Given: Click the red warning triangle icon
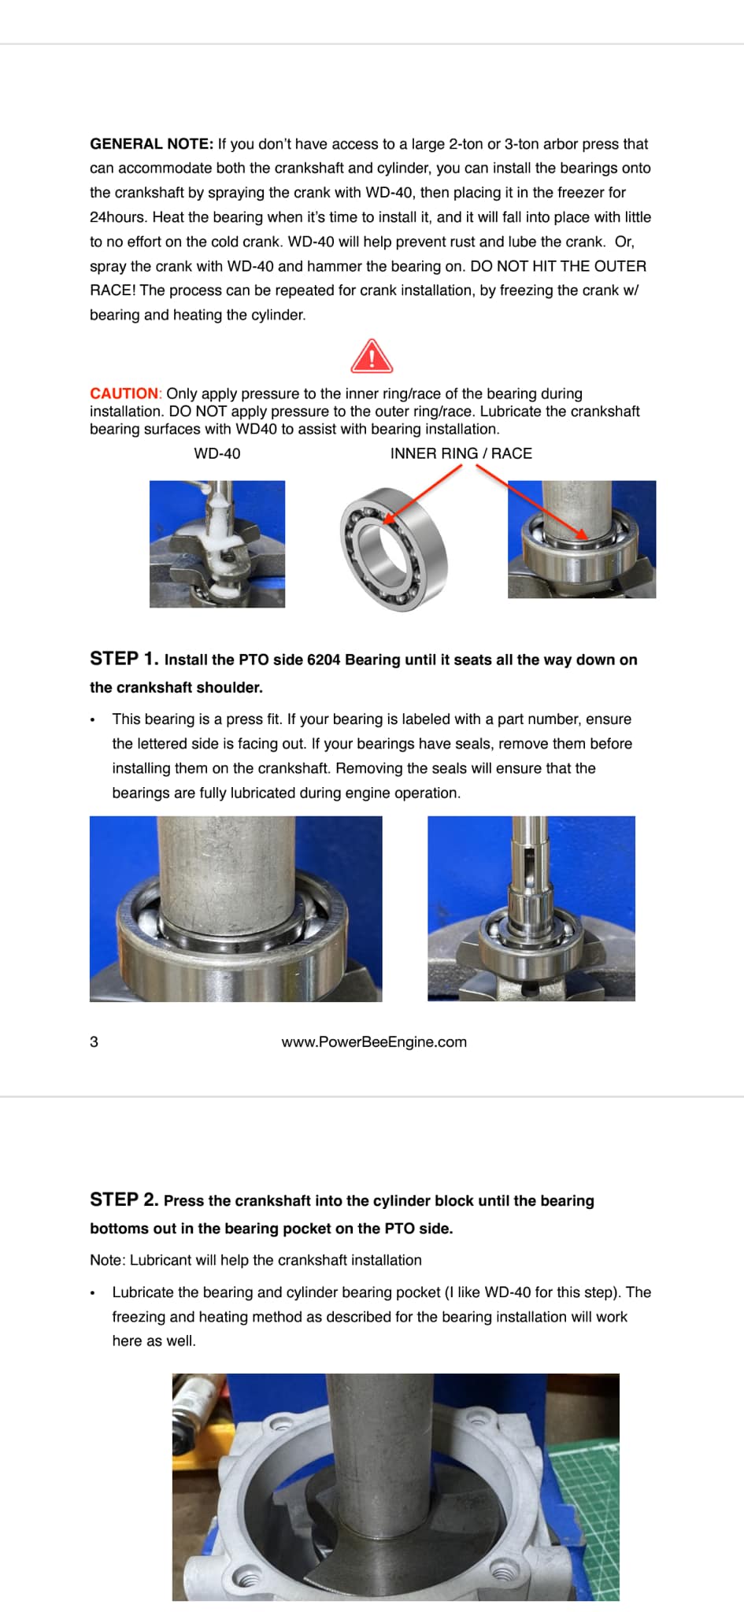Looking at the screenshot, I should click(x=372, y=357).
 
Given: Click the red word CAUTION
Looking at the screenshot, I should click(x=124, y=394).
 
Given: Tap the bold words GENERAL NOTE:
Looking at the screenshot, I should click(x=151, y=144).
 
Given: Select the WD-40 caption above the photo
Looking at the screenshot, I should click(x=217, y=453).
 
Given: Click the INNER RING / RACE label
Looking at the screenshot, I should click(x=461, y=453).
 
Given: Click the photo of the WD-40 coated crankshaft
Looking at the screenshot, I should click(x=217, y=544).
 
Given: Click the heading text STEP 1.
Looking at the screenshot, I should click(x=124, y=659).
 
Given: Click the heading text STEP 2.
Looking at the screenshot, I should click(x=124, y=1200).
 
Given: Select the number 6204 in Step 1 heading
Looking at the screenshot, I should click(x=324, y=660).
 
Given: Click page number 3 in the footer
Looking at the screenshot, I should click(x=94, y=1042).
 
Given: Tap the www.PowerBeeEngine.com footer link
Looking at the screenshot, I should click(x=374, y=1042).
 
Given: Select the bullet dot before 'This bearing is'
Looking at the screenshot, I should click(x=93, y=720).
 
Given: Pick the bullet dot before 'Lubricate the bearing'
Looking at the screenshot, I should click(x=93, y=1293).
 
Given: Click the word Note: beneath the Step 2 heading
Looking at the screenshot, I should click(x=108, y=1260).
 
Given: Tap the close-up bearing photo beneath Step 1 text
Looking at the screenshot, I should click(x=235, y=908).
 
